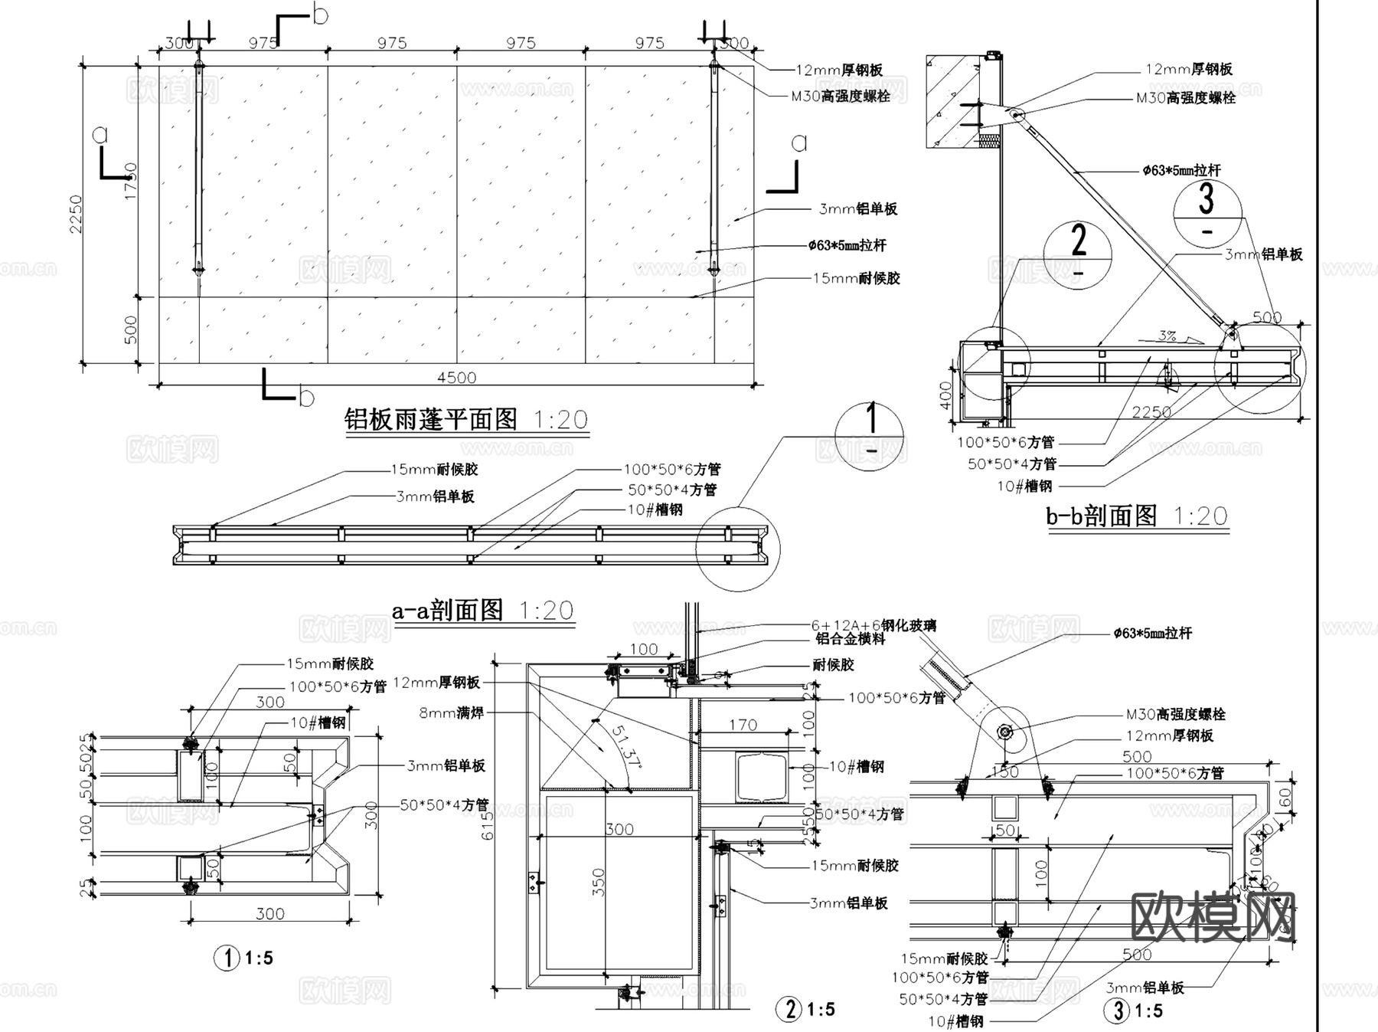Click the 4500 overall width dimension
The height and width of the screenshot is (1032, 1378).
click(456, 377)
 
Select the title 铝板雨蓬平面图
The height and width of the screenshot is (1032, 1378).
click(431, 420)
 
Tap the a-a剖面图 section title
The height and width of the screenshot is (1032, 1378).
click(447, 610)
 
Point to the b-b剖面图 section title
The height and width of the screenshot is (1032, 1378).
click(1102, 516)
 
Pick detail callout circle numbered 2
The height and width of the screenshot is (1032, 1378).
click(1078, 255)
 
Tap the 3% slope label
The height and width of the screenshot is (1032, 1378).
click(1167, 336)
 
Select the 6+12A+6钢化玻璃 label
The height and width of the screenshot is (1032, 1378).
click(873, 625)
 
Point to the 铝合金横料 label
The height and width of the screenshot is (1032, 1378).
click(850, 638)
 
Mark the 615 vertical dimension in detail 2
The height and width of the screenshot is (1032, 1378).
click(488, 826)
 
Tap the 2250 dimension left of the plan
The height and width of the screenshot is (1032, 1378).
click(75, 214)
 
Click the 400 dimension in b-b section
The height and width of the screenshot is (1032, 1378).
click(946, 395)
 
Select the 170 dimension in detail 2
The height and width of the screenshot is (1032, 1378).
click(743, 724)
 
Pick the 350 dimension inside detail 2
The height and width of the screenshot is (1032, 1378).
click(599, 882)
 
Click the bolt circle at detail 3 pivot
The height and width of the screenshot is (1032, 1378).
click(1005, 732)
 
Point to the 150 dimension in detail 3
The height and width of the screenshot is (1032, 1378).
click(1004, 772)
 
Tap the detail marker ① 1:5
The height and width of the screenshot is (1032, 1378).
click(243, 958)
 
